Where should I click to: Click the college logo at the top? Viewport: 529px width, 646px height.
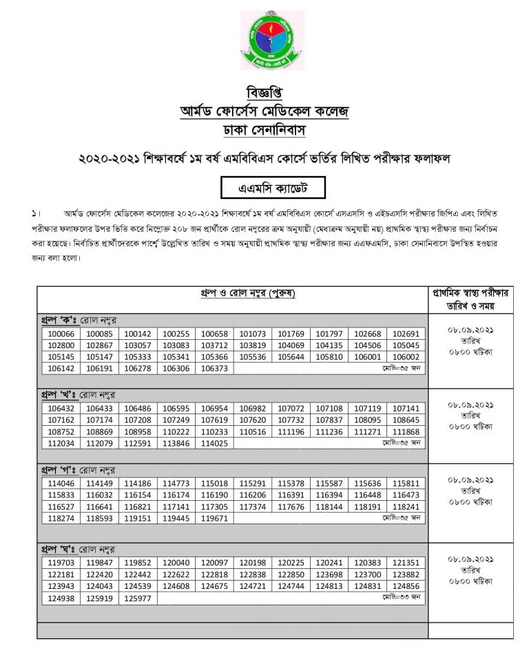pos(264,40)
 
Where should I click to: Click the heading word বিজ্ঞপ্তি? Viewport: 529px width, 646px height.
pos(264,92)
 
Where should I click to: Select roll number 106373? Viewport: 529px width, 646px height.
pos(214,368)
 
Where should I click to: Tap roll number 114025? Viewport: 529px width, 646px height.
pos(214,443)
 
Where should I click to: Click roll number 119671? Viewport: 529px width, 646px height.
pos(214,517)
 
